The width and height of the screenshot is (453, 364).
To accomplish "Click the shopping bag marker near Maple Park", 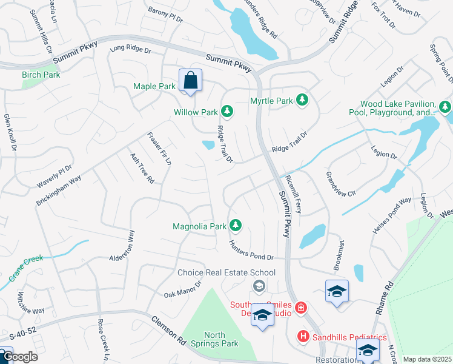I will click(x=190, y=81).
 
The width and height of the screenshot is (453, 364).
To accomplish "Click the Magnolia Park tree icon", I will click(x=236, y=226).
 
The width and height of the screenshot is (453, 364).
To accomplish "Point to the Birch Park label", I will click(x=41, y=75).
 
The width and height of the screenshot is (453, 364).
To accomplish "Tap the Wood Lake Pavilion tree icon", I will click(x=445, y=108).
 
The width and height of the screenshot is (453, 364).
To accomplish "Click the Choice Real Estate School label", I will click(x=226, y=273).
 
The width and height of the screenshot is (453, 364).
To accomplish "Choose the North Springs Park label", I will click(x=222, y=339).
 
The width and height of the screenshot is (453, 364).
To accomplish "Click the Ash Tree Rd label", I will click(x=142, y=168).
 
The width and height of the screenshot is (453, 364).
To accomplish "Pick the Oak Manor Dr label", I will click(x=182, y=289).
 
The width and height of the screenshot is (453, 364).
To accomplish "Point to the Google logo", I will click(x=19, y=357).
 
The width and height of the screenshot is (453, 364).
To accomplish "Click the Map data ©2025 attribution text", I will click(x=427, y=359).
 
